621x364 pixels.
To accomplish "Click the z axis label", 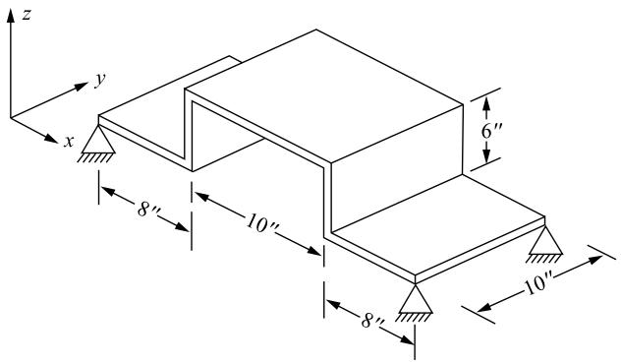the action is (27, 15).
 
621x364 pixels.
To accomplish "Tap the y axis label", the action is (101, 80).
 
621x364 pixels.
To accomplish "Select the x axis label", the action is (69, 141).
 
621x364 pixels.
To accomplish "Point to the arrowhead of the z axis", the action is (11, 16).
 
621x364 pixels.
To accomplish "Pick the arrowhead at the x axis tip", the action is (51, 138).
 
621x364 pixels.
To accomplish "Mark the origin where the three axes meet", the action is (11, 117).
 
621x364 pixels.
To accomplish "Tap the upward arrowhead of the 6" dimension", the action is (486, 104).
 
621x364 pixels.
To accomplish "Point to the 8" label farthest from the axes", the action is (372, 321).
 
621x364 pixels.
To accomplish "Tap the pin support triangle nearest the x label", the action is (98, 139).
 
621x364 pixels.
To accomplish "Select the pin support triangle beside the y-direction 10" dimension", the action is (545, 240).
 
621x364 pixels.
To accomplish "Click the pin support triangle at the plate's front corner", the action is (415, 299).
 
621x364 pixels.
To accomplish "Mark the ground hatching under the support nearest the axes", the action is (94, 158).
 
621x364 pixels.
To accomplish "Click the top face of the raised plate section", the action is (324, 95).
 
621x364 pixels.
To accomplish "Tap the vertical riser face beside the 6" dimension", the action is (397, 167).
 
